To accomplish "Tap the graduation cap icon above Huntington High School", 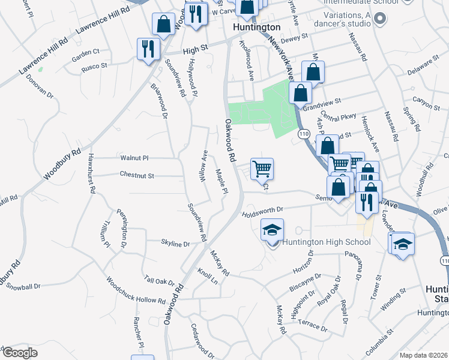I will (272, 230).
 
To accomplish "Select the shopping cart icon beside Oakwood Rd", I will (262, 169).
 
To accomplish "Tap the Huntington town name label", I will (256, 28).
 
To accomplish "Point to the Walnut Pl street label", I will (134, 158).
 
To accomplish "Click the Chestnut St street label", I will (137, 176).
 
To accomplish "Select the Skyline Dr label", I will (175, 244).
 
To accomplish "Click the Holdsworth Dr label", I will (262, 212).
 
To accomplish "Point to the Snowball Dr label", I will (22, 286).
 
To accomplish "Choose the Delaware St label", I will (420, 65).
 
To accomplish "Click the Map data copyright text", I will (424, 355).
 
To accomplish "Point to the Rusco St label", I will (94, 66).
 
